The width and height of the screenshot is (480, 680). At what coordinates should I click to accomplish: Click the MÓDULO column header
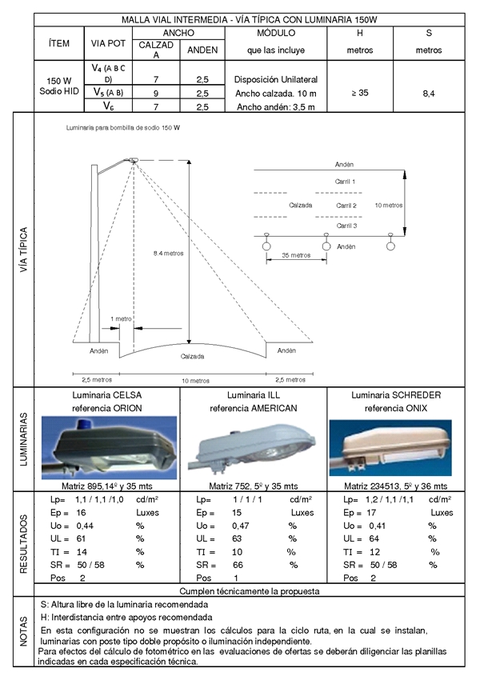276,33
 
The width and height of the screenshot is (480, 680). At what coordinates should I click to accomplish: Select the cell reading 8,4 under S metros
429,94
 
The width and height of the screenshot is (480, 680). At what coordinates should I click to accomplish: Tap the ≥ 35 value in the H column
360,93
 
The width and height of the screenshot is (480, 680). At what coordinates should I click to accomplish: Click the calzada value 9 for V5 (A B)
156,94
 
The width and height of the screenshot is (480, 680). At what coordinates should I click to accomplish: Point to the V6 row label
109,106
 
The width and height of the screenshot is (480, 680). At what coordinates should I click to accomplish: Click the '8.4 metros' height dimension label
168,254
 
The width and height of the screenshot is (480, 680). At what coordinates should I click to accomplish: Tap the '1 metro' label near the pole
121,318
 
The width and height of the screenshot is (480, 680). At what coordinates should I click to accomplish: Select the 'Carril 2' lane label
346,206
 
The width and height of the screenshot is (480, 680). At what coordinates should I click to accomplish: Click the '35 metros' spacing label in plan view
296,255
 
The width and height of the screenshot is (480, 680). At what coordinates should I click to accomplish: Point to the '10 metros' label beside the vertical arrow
389,205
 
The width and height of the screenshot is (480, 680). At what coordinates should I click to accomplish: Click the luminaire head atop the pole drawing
132,161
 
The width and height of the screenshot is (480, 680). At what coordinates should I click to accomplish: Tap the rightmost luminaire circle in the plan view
390,246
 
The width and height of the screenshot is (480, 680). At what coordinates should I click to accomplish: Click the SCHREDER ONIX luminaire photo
390,447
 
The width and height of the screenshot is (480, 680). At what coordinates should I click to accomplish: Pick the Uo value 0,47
240,526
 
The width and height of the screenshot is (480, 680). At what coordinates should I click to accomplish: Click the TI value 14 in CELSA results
82,552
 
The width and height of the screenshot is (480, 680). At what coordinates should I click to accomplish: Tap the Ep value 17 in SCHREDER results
371,513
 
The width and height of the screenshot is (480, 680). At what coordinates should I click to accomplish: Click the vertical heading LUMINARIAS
24,439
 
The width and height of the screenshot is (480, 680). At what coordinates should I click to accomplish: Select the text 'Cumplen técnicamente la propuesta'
250,591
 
